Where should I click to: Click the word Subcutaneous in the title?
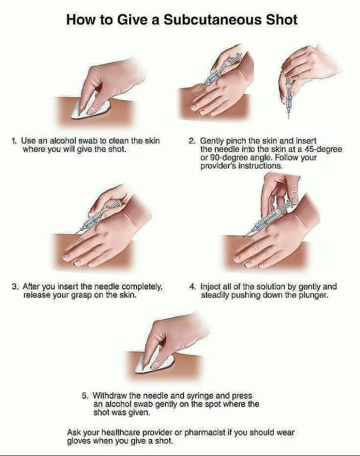click(x=212, y=20)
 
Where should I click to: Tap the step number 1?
click(x=14, y=141)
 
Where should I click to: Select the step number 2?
click(x=192, y=141)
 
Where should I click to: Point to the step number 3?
click(x=15, y=287)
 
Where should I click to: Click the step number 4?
click(x=192, y=287)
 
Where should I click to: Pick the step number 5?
click(x=84, y=396)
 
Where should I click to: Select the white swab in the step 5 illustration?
click(x=153, y=361)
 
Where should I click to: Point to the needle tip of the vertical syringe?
click(x=289, y=118)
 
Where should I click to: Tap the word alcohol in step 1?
click(x=63, y=141)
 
